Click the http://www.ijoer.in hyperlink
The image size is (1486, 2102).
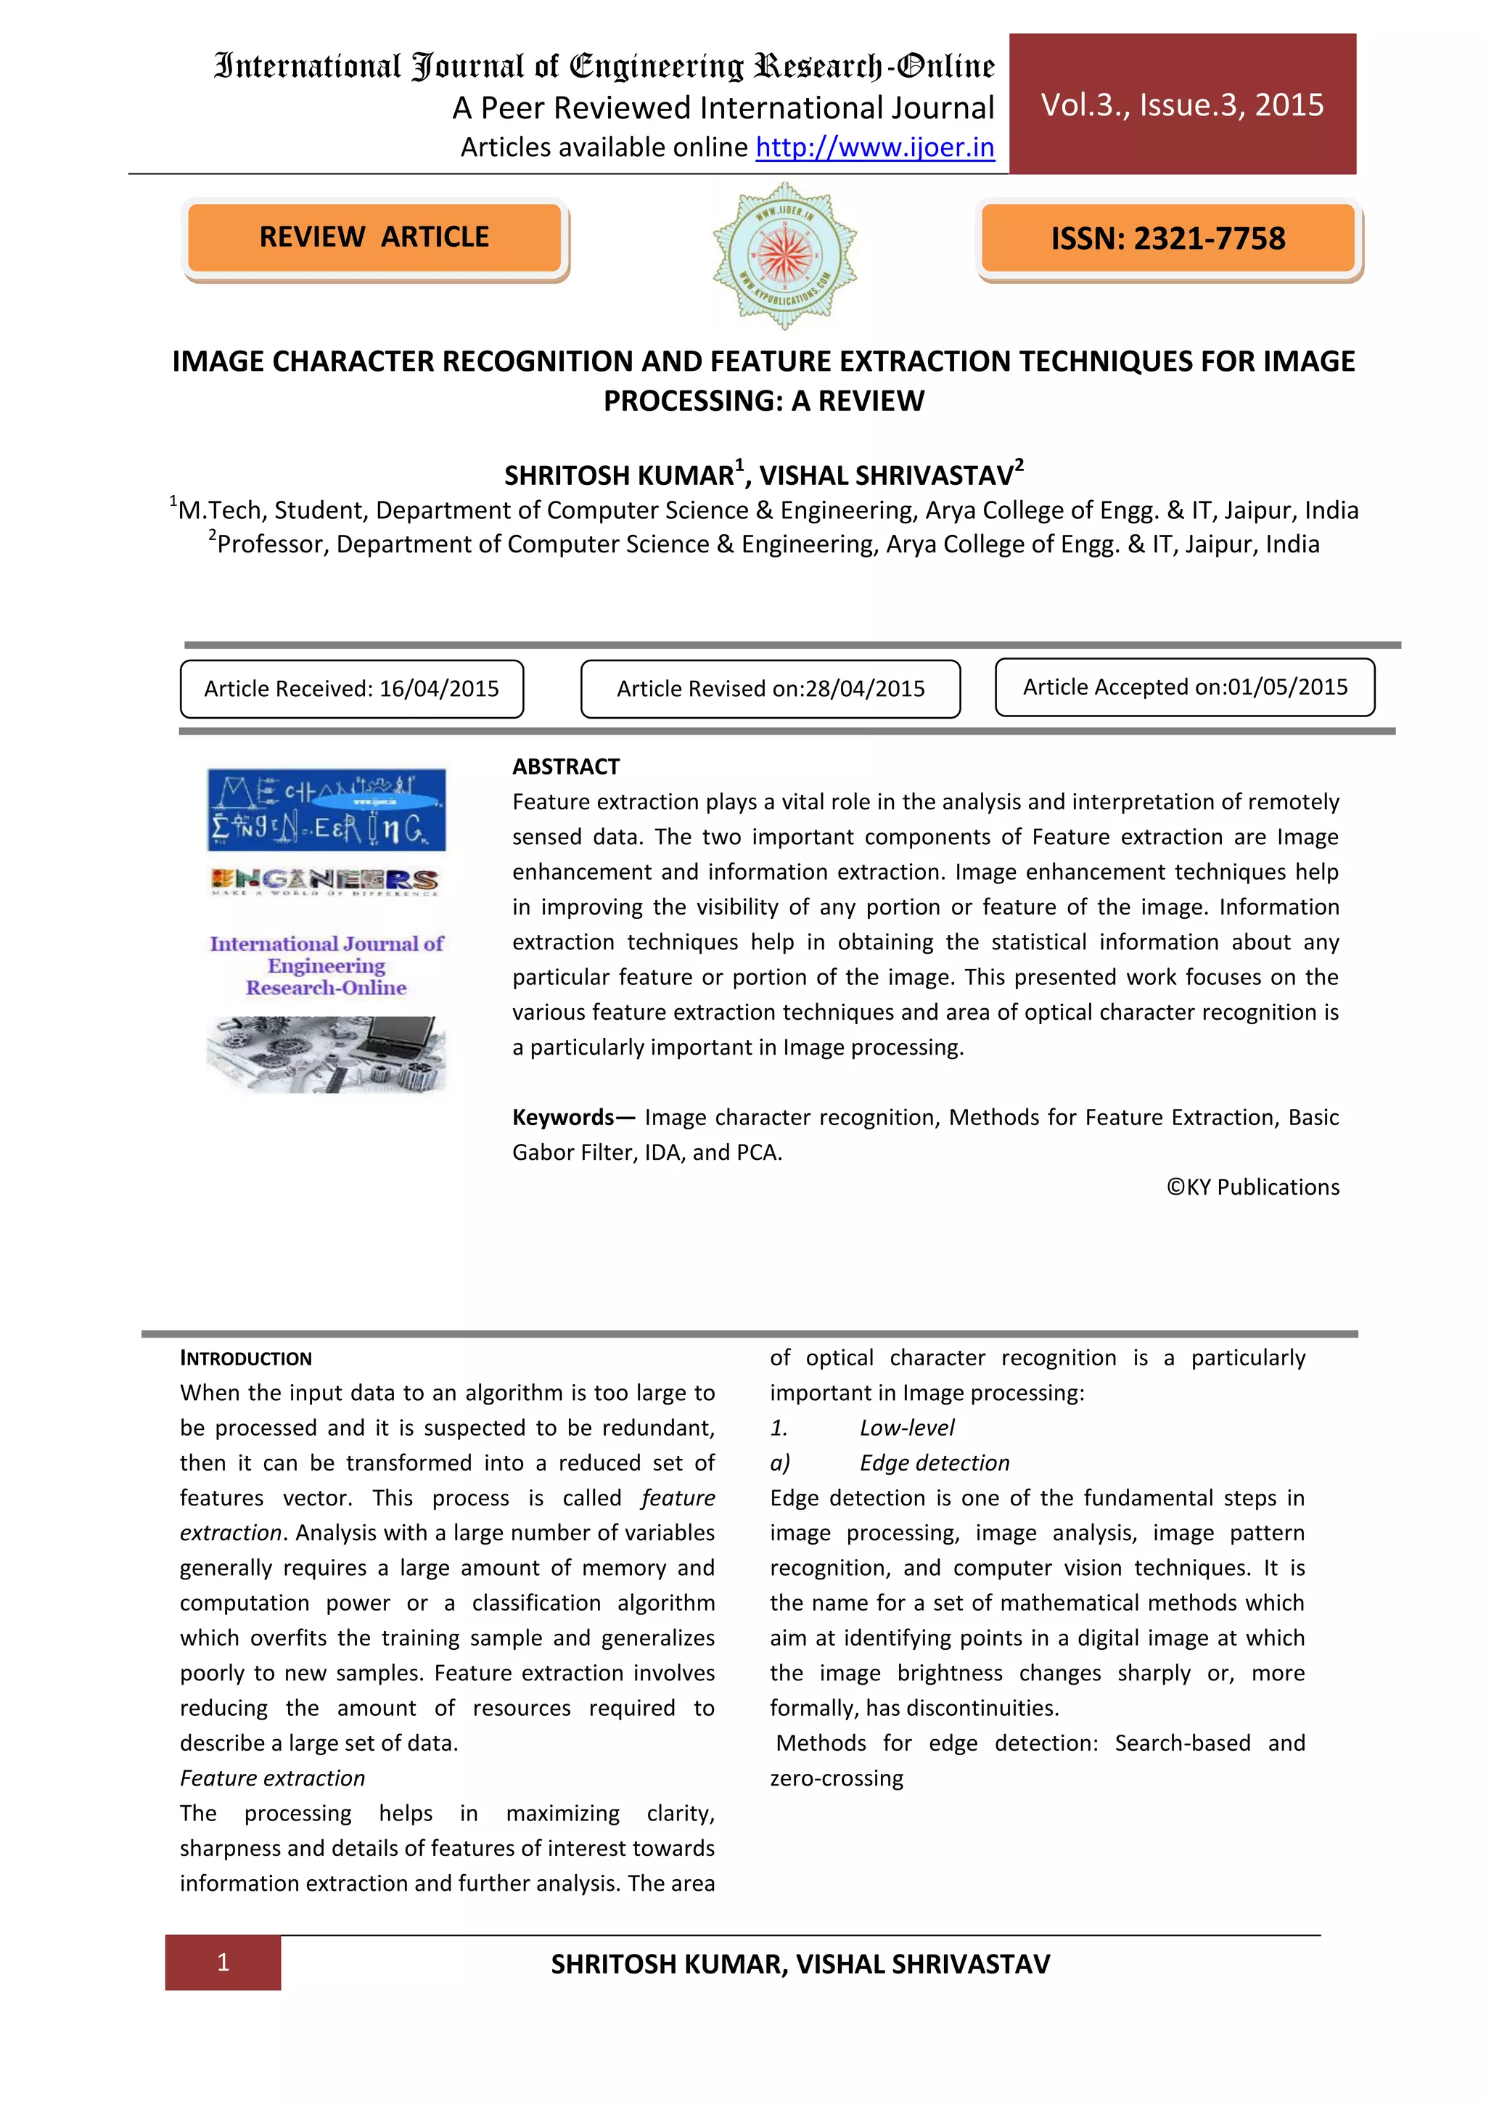(x=875, y=147)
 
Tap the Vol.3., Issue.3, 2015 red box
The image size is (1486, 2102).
(x=1182, y=105)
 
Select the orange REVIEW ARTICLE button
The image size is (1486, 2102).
(x=374, y=237)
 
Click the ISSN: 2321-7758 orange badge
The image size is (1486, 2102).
(x=1167, y=239)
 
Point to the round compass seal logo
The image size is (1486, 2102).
(x=784, y=255)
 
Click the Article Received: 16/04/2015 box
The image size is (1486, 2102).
(x=351, y=689)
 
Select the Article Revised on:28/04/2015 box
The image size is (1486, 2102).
(x=771, y=689)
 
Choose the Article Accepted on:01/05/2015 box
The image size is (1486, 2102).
(x=1184, y=687)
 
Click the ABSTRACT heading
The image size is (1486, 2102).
(x=565, y=766)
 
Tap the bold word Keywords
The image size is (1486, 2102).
(x=564, y=1117)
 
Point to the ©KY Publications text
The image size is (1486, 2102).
(x=1252, y=1187)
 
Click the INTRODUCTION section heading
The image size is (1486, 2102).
(x=245, y=1359)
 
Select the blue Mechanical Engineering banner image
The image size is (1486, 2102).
(x=327, y=809)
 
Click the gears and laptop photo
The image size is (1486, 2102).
(x=327, y=1054)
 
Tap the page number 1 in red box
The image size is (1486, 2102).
(x=222, y=1962)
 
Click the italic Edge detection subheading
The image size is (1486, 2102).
(x=935, y=1463)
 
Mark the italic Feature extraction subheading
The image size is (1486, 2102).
(x=273, y=1778)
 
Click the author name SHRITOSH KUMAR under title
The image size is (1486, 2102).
(x=620, y=476)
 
